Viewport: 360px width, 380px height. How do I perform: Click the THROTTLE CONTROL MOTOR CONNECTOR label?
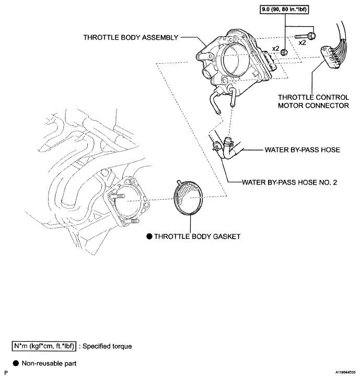(313, 101)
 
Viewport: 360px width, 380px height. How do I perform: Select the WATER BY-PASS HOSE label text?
(302, 149)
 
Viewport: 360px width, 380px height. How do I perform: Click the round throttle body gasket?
(190, 199)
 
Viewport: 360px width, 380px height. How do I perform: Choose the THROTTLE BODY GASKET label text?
(197, 236)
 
